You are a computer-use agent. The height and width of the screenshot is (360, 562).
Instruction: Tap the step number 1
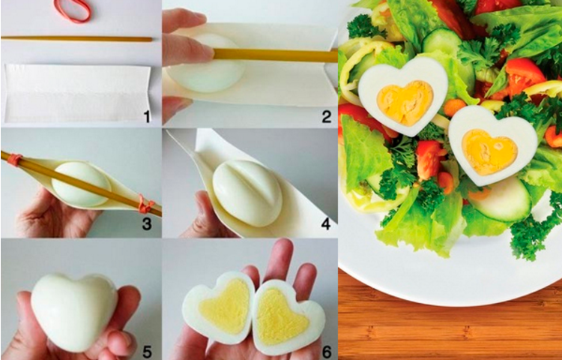point(147,116)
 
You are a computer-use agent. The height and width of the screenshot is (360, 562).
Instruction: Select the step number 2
point(326,116)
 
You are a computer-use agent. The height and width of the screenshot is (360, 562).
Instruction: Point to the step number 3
point(147,224)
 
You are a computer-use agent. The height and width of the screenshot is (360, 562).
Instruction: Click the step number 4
point(325,224)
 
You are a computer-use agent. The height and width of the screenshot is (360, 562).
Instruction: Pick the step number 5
point(147,352)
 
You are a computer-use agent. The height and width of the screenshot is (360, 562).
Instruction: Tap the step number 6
point(326,352)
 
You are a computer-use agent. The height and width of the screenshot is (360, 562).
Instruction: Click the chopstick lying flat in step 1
point(76,39)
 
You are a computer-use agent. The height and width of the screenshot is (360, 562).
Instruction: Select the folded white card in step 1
point(76,93)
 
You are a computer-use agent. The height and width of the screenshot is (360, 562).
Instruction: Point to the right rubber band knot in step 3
point(145,205)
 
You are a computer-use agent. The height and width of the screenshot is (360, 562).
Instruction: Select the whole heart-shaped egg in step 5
point(74,312)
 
